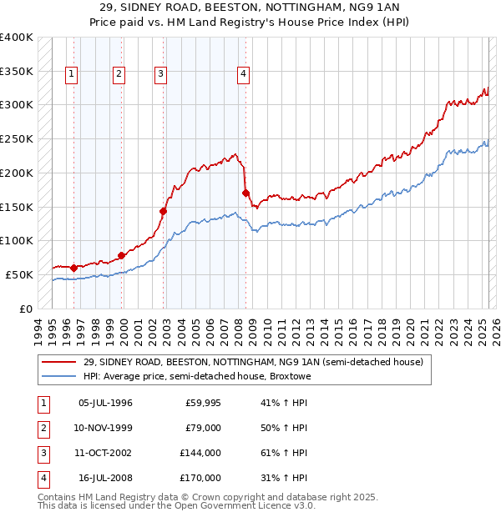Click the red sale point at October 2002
(x=163, y=211)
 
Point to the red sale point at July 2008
(x=245, y=193)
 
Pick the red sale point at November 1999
(x=122, y=255)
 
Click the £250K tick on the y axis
(x=17, y=139)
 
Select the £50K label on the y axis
(x=20, y=274)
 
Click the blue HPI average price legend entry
(x=196, y=377)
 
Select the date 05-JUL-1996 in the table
(x=105, y=403)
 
